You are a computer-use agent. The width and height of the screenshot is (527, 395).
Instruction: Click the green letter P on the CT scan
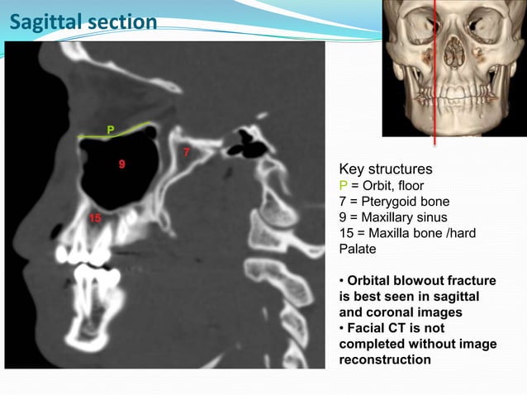click(110, 129)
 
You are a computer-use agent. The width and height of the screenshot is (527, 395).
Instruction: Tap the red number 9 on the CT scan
click(121, 164)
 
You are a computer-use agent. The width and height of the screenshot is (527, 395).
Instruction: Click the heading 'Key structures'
click(386, 169)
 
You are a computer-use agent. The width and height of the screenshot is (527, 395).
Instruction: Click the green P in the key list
click(344, 185)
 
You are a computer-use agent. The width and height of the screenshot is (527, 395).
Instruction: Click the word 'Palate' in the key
click(358, 248)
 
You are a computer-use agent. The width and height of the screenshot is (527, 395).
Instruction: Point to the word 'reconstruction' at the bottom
click(385, 360)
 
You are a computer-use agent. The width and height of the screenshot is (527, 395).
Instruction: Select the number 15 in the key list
click(348, 232)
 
